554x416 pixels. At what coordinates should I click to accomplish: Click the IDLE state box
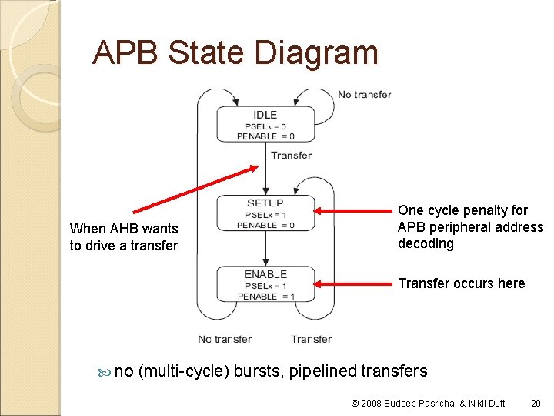(x=265, y=125)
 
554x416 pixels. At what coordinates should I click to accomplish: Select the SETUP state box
(x=265, y=213)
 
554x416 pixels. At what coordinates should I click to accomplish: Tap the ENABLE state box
(x=265, y=284)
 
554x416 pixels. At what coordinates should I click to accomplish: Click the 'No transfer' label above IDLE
(x=365, y=95)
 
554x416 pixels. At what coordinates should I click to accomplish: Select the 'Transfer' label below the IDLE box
(x=291, y=156)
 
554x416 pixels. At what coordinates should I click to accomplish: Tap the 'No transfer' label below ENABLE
(x=225, y=339)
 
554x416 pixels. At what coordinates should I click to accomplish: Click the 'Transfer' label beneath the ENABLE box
(x=312, y=339)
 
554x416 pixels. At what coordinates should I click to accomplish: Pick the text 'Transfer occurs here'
(x=461, y=283)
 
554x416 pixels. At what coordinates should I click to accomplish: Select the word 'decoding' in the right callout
(x=426, y=243)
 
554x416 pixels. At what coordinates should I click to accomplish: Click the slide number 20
(x=536, y=403)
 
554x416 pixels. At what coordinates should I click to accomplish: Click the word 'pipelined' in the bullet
(x=329, y=371)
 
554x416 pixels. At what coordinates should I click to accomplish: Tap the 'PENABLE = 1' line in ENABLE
(x=265, y=297)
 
